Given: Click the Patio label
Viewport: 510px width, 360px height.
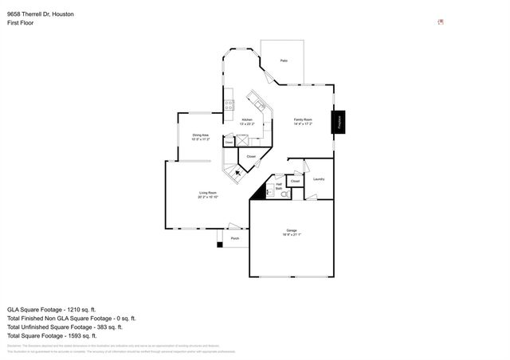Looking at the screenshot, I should click(284, 61).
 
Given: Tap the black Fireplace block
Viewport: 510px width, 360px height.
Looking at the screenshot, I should click(339, 123).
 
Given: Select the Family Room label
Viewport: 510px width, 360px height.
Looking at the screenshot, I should click(304, 121).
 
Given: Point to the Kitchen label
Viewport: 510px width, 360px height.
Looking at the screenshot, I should click(247, 121).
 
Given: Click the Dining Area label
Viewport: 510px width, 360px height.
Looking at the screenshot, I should click(200, 137).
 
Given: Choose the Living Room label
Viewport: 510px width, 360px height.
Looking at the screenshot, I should click(208, 194).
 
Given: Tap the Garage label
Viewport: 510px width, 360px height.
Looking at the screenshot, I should click(292, 232).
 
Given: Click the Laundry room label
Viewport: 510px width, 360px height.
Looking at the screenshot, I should click(318, 179).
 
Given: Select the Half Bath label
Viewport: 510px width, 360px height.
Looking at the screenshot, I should click(279, 186).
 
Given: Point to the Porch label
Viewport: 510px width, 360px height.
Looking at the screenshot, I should click(235, 238).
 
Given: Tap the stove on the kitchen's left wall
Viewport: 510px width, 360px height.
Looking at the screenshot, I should click(229, 103).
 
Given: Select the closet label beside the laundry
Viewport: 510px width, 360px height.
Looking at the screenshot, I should click(295, 181).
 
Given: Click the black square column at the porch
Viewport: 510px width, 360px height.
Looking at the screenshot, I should click(220, 244).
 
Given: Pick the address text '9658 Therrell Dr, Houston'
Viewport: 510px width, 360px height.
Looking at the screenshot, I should click(41, 14).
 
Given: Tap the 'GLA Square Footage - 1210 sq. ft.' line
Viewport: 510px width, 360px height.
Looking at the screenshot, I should click(51, 309).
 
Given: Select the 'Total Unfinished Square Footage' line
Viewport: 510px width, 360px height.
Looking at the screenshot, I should click(64, 327).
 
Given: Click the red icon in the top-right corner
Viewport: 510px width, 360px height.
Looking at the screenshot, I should click(441, 22).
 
